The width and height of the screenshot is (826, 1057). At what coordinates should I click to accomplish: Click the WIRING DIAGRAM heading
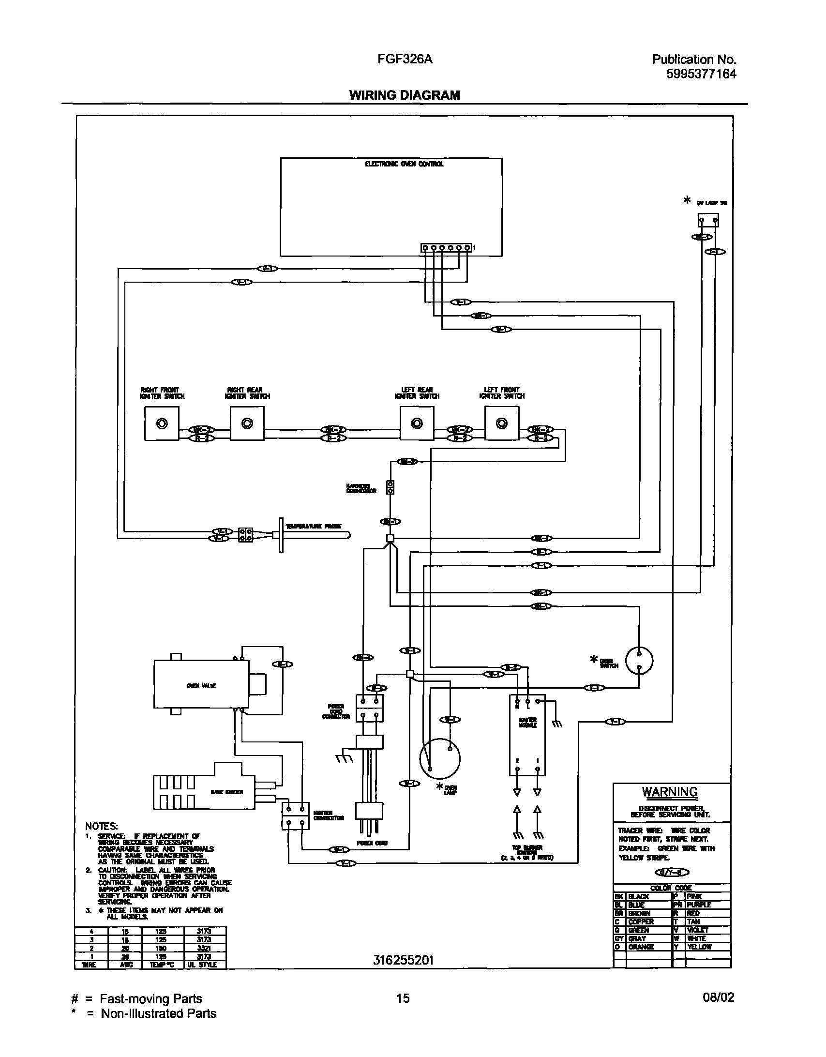click(405, 95)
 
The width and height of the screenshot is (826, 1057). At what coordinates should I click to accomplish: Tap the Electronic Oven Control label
click(404, 164)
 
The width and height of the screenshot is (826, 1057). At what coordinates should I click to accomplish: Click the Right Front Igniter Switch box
click(162, 423)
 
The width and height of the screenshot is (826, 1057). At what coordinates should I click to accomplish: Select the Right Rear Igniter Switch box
click(247, 423)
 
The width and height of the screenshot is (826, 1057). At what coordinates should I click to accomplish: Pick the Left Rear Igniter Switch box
click(417, 423)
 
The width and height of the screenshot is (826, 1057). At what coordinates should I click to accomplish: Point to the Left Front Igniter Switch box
click(502, 423)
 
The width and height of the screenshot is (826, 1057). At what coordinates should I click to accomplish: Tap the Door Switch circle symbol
click(639, 660)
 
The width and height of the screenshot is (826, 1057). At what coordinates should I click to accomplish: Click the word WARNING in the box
click(670, 792)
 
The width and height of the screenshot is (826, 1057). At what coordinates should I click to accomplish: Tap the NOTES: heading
click(102, 826)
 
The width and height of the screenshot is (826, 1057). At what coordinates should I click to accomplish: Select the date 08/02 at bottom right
click(718, 997)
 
